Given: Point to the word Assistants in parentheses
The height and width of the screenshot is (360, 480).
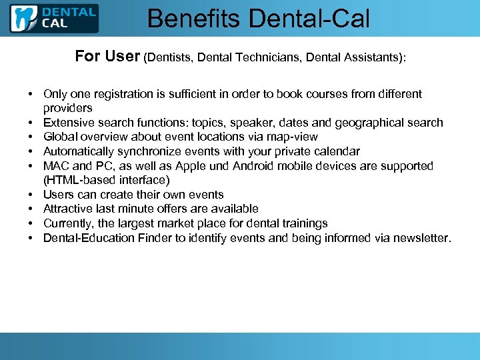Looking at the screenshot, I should tap(367, 58).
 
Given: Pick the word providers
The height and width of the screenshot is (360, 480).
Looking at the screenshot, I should tap(67, 108).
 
